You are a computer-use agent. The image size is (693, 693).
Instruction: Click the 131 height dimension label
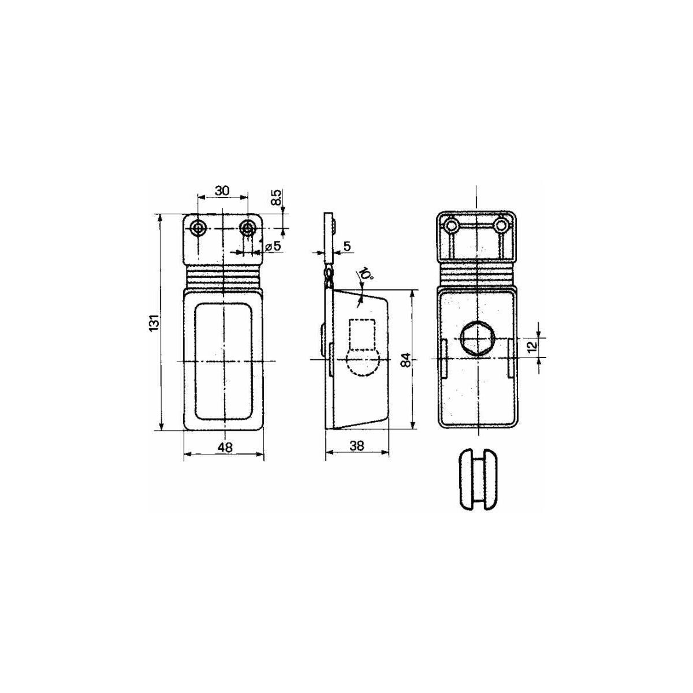[x=155, y=323]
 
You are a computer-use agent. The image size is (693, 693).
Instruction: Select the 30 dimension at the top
[x=222, y=191]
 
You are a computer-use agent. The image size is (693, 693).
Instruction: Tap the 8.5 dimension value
[x=277, y=197]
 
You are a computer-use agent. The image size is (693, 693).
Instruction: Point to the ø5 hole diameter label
[x=273, y=246]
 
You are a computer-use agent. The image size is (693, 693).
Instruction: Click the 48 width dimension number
[x=225, y=447]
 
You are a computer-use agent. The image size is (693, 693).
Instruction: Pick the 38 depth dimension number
[x=356, y=446]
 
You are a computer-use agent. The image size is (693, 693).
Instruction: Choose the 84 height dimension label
[x=405, y=360]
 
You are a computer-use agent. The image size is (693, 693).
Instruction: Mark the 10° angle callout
[x=367, y=274]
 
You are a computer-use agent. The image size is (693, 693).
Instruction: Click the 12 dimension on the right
[x=532, y=345]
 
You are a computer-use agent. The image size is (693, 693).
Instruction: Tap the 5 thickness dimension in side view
[x=347, y=247]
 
